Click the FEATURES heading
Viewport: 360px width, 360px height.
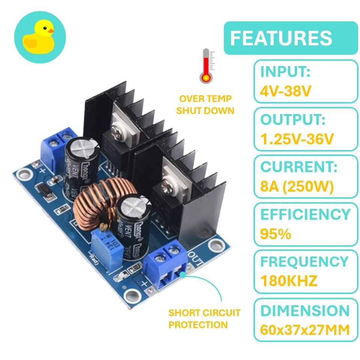click(x=281, y=38)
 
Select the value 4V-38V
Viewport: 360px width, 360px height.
click(x=286, y=91)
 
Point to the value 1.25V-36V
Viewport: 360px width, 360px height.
click(x=297, y=139)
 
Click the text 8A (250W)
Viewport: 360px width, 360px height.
click(x=297, y=186)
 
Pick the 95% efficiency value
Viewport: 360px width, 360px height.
click(x=276, y=234)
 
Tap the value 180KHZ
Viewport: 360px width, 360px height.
click(x=289, y=280)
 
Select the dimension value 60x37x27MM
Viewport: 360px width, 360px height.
click(x=305, y=330)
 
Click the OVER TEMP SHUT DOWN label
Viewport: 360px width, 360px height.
click(x=205, y=105)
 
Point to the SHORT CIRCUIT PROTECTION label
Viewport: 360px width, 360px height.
click(x=204, y=319)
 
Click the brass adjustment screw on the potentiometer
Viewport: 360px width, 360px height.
click(x=104, y=227)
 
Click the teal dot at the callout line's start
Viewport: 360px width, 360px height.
click(x=183, y=274)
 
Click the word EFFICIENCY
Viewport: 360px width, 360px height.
click(x=306, y=214)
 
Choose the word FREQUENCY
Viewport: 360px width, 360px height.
click(x=304, y=262)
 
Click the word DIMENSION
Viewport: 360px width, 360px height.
click(x=305, y=310)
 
